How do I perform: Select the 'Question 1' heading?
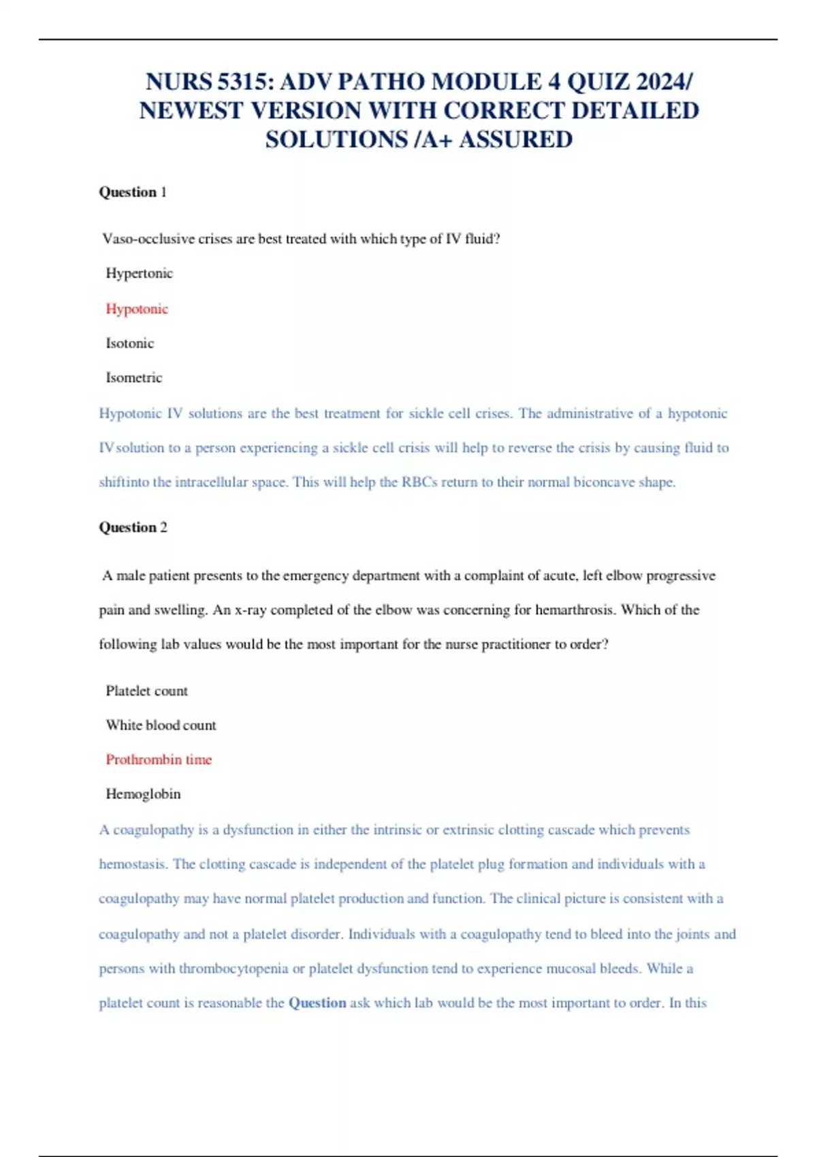[133, 192]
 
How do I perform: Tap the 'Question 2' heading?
[133, 527]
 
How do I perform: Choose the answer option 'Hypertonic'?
[139, 274]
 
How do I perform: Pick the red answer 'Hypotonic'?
[137, 309]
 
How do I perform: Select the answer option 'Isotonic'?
[129, 343]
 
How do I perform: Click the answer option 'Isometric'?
[133, 378]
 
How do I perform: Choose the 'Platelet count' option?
[146, 691]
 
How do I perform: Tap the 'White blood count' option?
[161, 726]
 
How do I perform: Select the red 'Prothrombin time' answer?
[159, 760]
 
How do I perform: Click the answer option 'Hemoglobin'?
[143, 794]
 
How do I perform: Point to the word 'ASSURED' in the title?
[515, 140]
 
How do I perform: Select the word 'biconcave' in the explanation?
[603, 483]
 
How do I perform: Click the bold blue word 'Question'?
[317, 1003]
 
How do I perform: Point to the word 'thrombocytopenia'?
[234, 968]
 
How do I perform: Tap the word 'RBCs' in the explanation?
[419, 483]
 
